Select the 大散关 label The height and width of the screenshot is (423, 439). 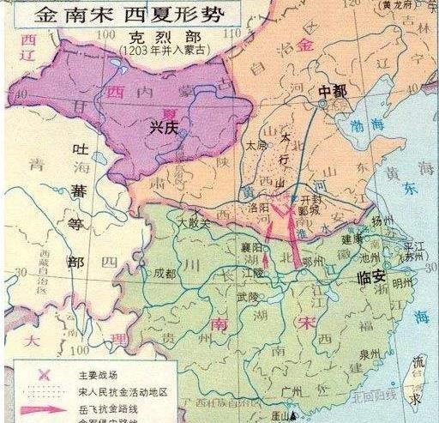[194, 221]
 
